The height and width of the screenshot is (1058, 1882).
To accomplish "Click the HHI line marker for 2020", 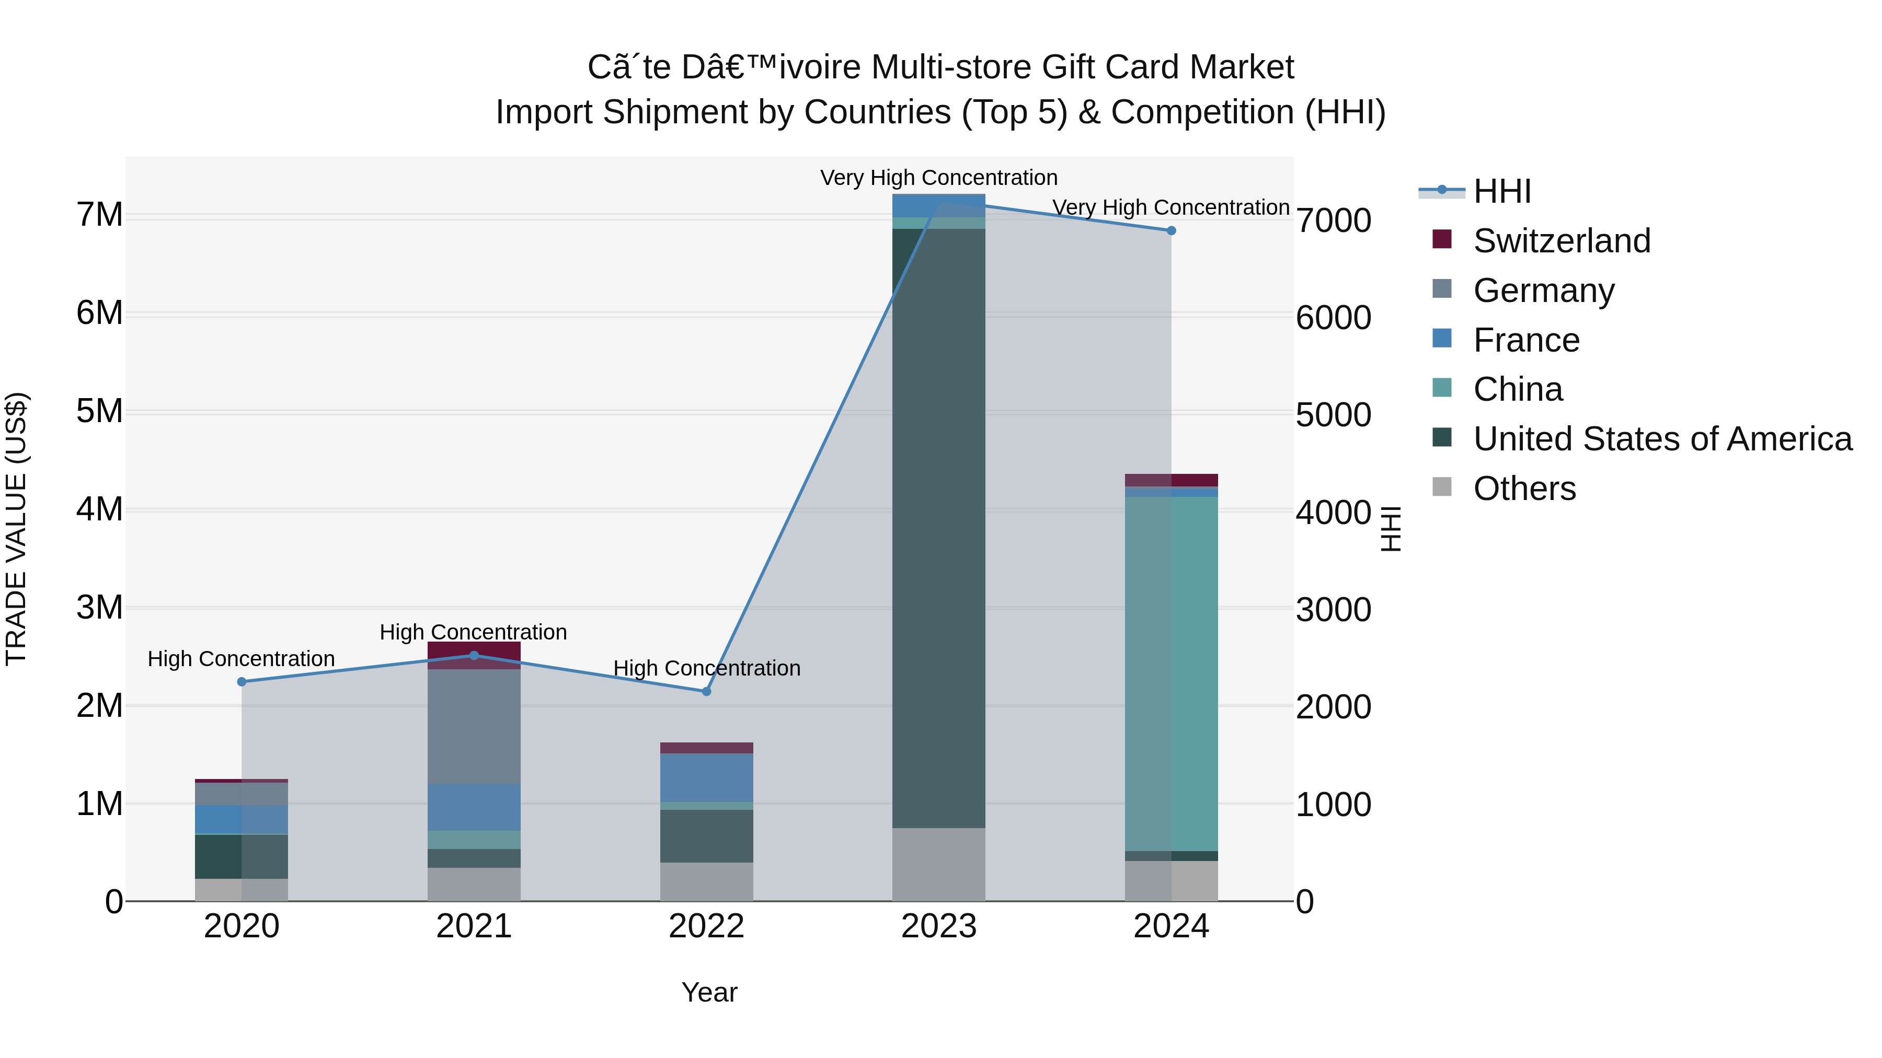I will pos(242,682).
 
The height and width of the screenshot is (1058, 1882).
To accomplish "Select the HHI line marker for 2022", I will pos(706,691).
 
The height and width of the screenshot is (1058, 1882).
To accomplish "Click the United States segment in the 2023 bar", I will pos(939,526).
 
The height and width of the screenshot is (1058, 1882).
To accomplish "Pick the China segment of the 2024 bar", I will pos(1171,672).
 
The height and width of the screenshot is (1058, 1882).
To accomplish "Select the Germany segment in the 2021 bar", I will pos(474,727).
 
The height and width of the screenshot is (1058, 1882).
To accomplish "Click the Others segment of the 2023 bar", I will pos(939,865).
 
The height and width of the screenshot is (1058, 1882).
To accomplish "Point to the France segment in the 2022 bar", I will pos(706,777).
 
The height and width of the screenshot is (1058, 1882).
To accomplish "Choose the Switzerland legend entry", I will pos(1561,241).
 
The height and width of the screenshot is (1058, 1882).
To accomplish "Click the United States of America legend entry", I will pos(1662,439).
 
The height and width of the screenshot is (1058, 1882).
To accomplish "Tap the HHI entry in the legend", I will pos(1502,191).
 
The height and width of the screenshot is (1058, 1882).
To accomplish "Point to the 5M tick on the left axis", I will pos(100,411).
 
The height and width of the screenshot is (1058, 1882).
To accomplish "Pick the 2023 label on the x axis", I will pos(939,926).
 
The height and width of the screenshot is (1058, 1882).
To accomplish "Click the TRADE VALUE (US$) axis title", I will pos(16,529).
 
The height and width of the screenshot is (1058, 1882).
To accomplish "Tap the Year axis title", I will pos(709,992).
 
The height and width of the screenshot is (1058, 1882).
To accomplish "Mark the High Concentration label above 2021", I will pos(474,632).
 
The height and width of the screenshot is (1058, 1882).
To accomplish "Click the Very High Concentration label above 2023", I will pos(939,178).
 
